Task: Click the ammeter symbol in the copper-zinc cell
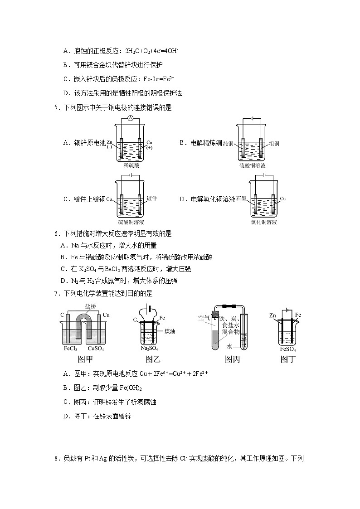click(x=131, y=118)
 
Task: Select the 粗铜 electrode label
click(x=274, y=144)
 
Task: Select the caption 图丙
click(x=233, y=360)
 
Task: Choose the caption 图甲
click(x=85, y=360)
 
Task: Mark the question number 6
click(x=56, y=234)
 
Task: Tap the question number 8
click(x=56, y=459)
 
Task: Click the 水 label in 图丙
click(x=230, y=346)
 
